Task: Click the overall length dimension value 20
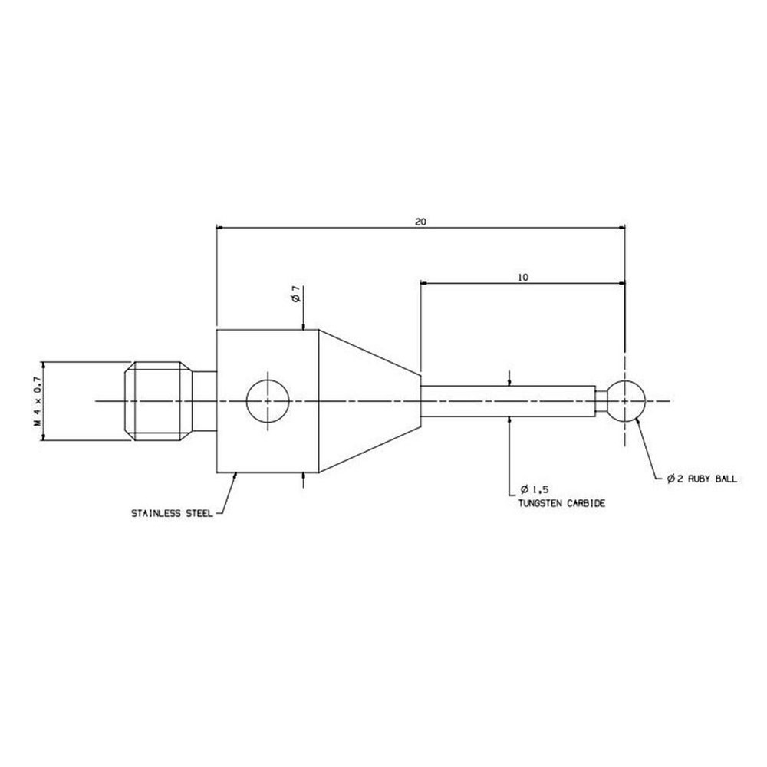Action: pos(420,222)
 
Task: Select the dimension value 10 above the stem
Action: pos(523,278)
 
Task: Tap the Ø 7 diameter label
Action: pos(295,295)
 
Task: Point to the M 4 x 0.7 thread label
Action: pos(36,401)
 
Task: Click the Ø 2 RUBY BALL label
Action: pos(702,479)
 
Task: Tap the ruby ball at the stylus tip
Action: pos(626,400)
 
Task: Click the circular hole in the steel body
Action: pos(267,400)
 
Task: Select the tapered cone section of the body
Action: pos(368,400)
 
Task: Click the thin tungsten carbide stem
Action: pos(506,400)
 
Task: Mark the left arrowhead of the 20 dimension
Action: pos(222,228)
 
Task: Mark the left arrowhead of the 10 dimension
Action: pos(424,283)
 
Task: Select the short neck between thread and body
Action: pos(203,400)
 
